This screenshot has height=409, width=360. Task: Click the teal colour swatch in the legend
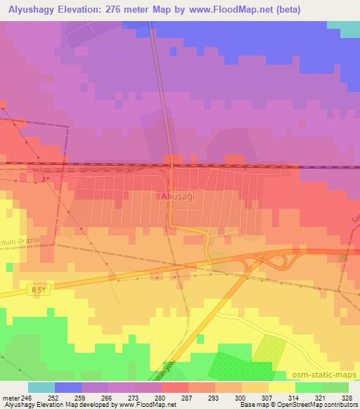tap(41, 387)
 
